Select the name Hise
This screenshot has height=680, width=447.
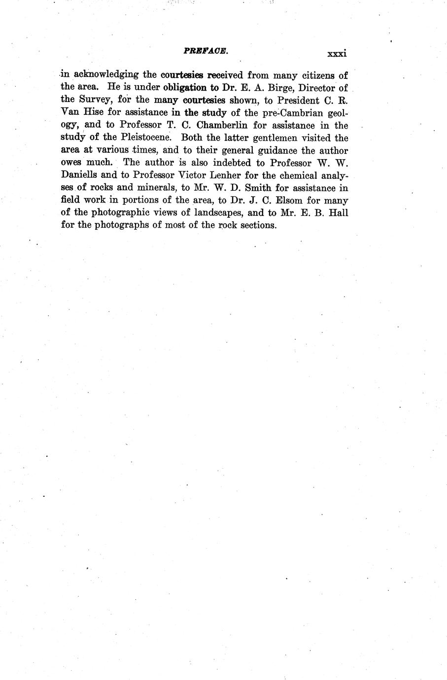point(91,113)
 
